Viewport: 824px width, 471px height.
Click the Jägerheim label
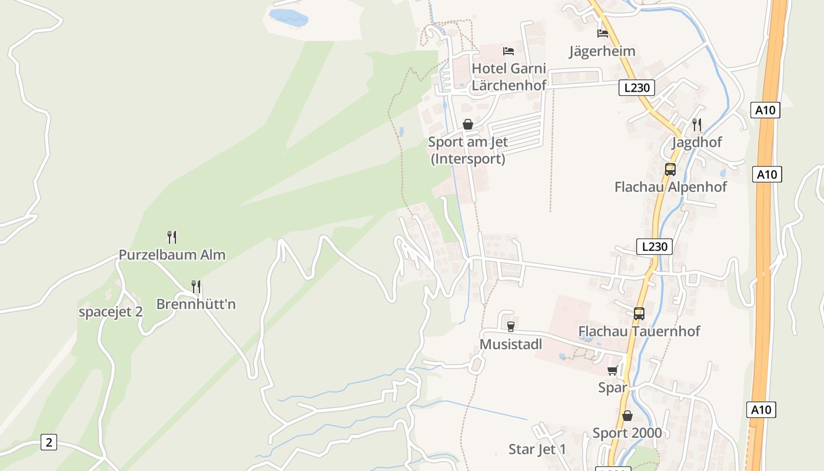(602, 51)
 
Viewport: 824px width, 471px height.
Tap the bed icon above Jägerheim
(602, 33)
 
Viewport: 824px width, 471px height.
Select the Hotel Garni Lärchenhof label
(509, 77)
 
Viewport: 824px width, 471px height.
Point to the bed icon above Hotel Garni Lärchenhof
(509, 51)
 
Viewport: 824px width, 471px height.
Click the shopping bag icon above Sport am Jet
(468, 124)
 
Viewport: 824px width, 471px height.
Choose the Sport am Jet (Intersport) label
(468, 150)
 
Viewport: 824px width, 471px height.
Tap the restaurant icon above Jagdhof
(697, 124)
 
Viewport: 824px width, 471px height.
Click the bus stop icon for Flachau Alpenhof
(670, 170)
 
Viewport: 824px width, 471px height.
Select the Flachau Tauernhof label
(639, 331)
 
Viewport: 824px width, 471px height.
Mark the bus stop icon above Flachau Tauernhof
(639, 314)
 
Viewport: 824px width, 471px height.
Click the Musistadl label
(511, 344)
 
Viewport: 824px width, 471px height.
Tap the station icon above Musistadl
(511, 327)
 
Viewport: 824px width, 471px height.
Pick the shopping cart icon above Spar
(613, 371)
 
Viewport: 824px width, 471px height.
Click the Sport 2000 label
(627, 433)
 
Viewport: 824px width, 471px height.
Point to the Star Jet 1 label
(537, 450)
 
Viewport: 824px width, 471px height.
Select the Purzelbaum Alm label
(172, 255)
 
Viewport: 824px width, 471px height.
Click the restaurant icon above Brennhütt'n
(196, 287)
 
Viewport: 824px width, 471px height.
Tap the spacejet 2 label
(111, 312)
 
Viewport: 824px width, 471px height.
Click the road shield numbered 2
(49, 442)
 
